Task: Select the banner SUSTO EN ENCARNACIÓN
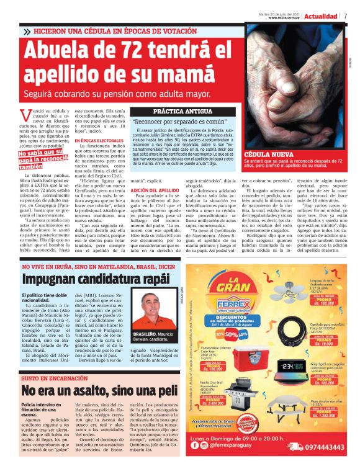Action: tap(50, 378)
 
